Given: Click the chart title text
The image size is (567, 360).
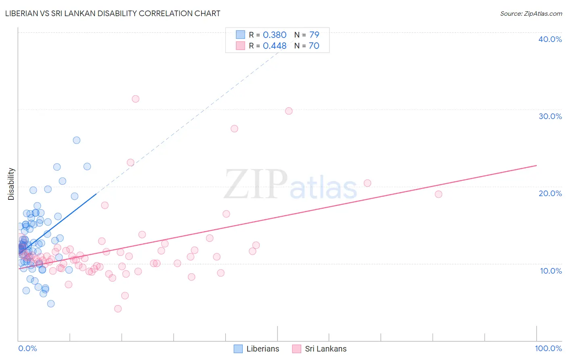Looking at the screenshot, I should tap(113, 13).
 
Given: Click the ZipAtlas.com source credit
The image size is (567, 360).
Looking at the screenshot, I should tap(531, 13).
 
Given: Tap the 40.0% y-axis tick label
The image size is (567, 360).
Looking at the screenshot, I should tap(550, 39).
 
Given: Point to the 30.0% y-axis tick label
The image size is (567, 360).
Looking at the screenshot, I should tap(550, 116).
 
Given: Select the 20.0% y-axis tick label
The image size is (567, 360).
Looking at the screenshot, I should tap(550, 193).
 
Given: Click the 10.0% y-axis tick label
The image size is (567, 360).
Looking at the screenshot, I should tap(551, 271).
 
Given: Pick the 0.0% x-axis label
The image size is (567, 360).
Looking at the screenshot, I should tap(27, 348).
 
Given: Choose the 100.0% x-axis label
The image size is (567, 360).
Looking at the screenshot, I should tap(548, 348).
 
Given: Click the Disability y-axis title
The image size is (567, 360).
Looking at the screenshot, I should tap(11, 184).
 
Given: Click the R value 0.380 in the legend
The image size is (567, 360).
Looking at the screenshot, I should tap(274, 35).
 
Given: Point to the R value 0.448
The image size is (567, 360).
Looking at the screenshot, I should tap(274, 46).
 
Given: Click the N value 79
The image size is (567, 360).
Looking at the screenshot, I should tap(314, 35).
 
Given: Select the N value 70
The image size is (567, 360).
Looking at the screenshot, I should tap(314, 46).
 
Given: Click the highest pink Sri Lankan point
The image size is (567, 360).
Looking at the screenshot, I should tap(135, 99).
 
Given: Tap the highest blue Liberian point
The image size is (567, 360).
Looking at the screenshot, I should tap(77, 140).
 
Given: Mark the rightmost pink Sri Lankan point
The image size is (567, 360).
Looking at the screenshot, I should tap(438, 194).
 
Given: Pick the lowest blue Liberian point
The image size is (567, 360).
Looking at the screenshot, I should tap(51, 303).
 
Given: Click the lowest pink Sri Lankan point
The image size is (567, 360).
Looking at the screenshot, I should tap(118, 309).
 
